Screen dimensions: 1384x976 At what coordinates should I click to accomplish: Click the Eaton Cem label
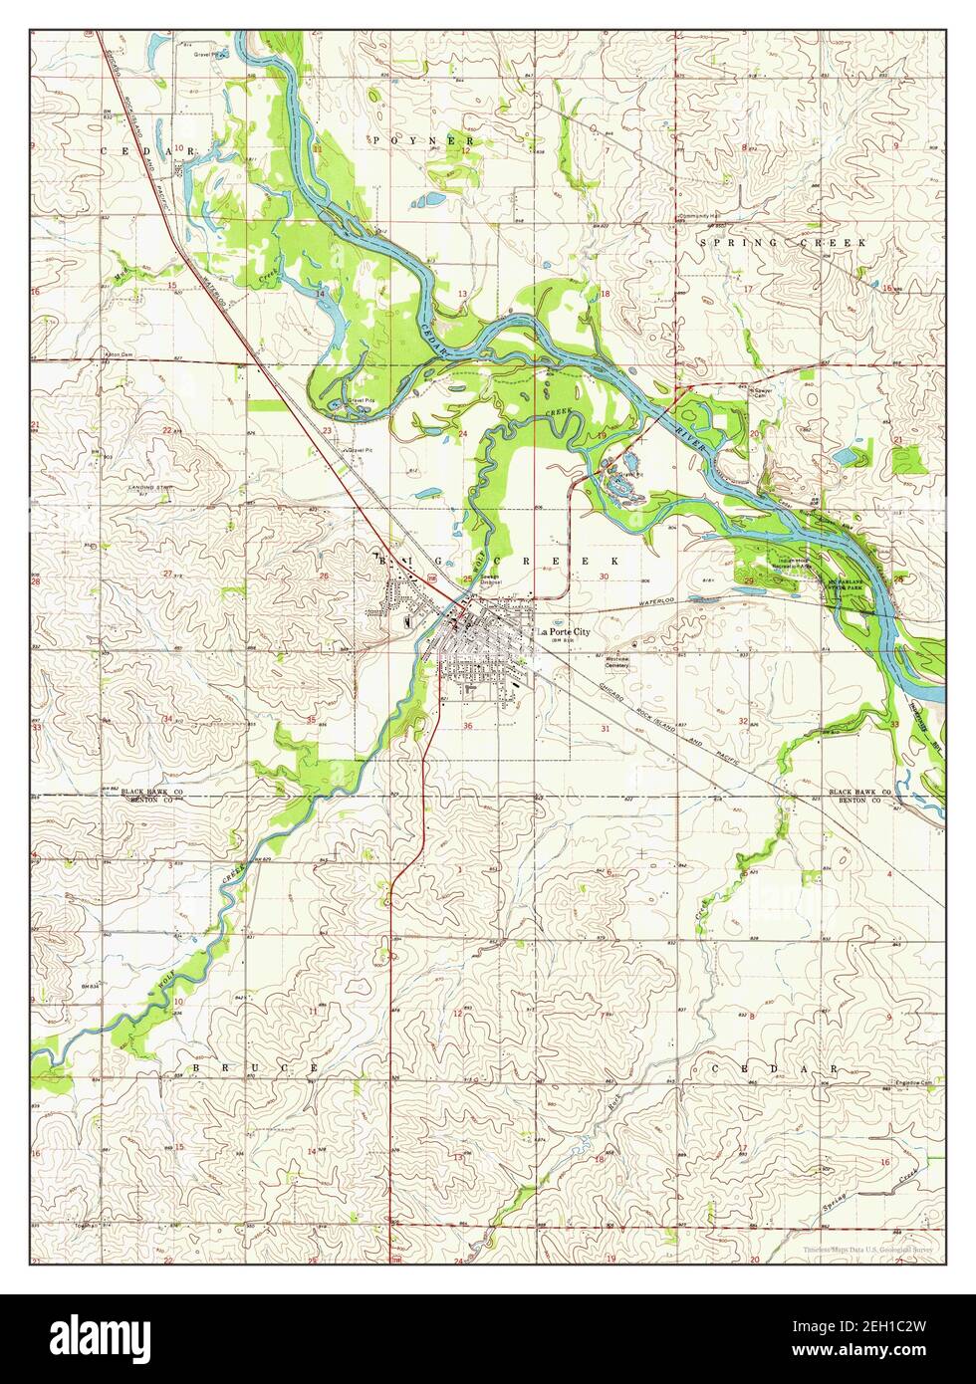[119, 353]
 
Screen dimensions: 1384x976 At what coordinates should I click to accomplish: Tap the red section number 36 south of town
[468, 726]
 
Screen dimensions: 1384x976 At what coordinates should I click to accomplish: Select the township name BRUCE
[255, 1067]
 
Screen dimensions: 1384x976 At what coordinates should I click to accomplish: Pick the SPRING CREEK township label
[783, 242]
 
